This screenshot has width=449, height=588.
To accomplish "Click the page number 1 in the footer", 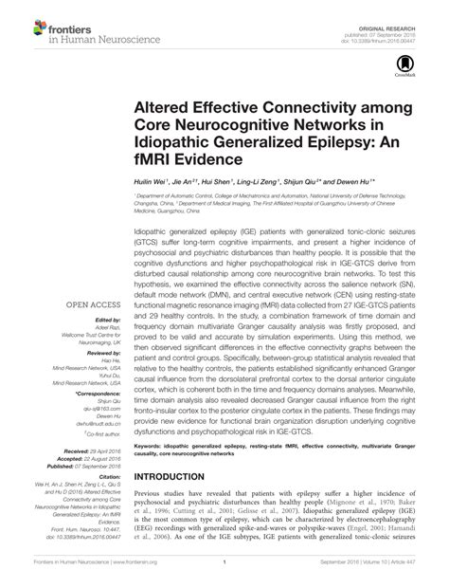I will coord(224,576).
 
